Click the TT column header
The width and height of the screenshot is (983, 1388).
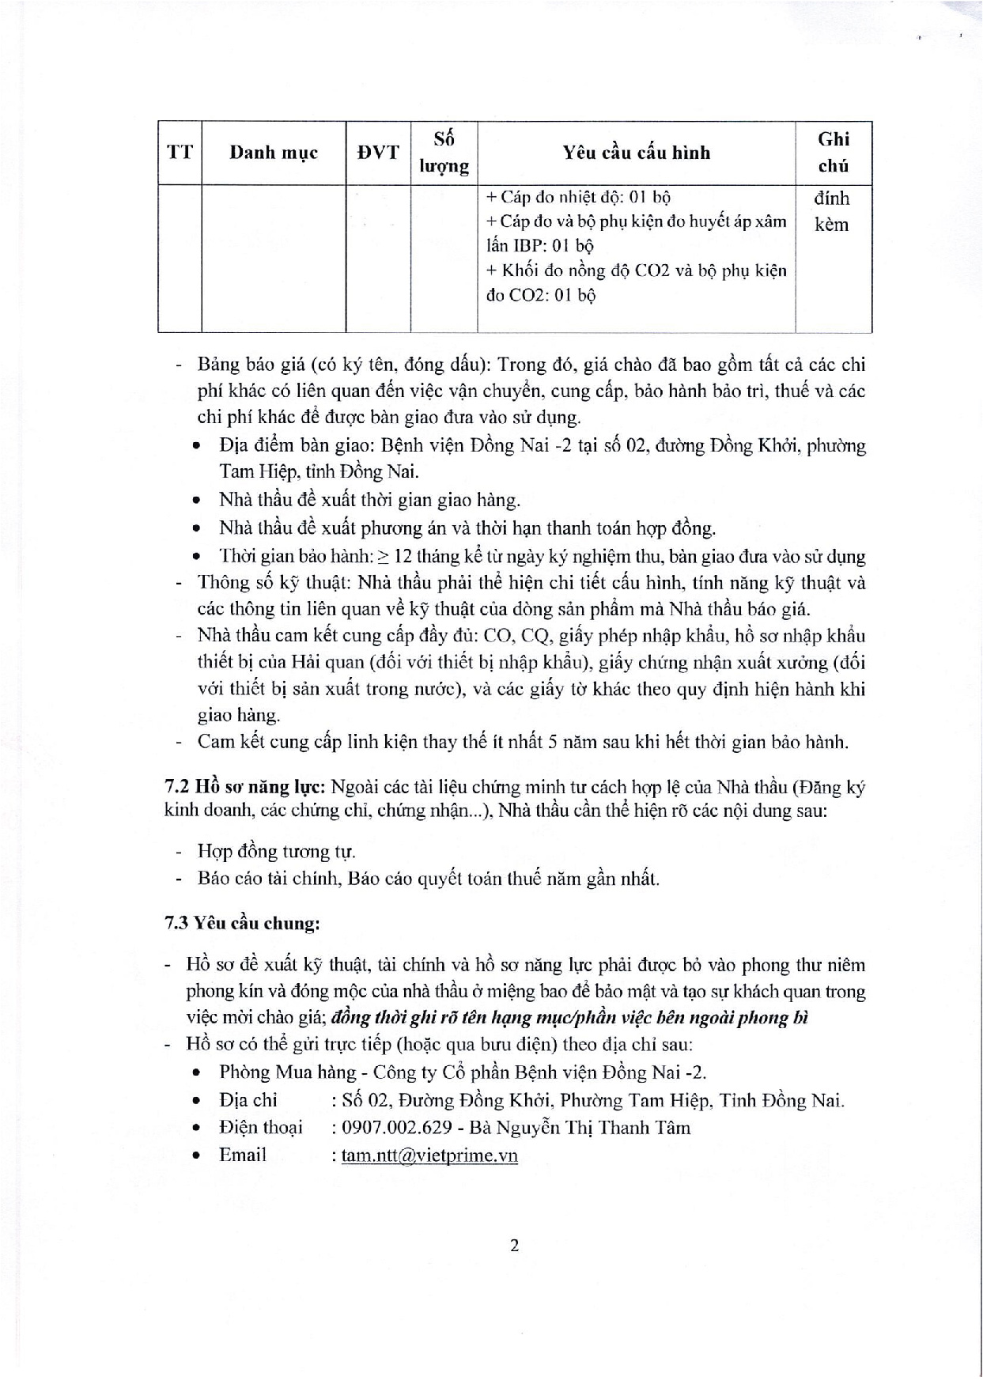180,152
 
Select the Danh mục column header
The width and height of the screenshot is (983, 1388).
274,152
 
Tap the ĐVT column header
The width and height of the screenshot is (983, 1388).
378,152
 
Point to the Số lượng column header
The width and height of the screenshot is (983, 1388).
444,152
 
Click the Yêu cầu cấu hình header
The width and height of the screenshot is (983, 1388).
637,152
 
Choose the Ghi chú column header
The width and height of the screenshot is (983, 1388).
834,152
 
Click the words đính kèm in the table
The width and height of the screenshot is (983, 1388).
832,210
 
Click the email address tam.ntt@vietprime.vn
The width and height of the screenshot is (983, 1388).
429,1155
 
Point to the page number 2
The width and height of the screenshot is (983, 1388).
515,1246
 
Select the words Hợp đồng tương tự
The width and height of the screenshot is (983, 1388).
277,852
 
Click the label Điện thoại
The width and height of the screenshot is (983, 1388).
260,1128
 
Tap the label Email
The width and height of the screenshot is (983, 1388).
242,1155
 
